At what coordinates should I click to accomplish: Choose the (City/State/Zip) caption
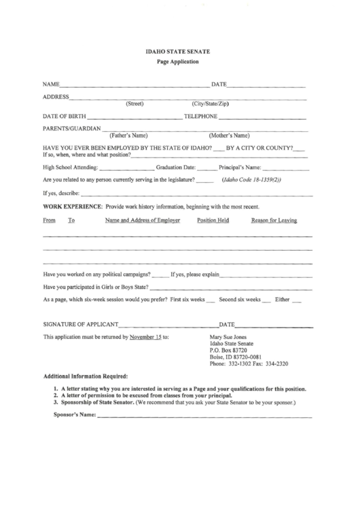pyautogui.click(x=211, y=104)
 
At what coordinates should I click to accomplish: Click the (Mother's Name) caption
pyautogui.click(x=230, y=135)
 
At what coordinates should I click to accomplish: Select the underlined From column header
pyautogui.click(x=49, y=220)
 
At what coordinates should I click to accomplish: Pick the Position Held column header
pyautogui.click(x=213, y=220)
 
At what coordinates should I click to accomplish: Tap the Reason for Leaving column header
pyautogui.click(x=274, y=220)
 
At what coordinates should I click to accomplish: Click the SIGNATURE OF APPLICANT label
pyautogui.click(x=81, y=323)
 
